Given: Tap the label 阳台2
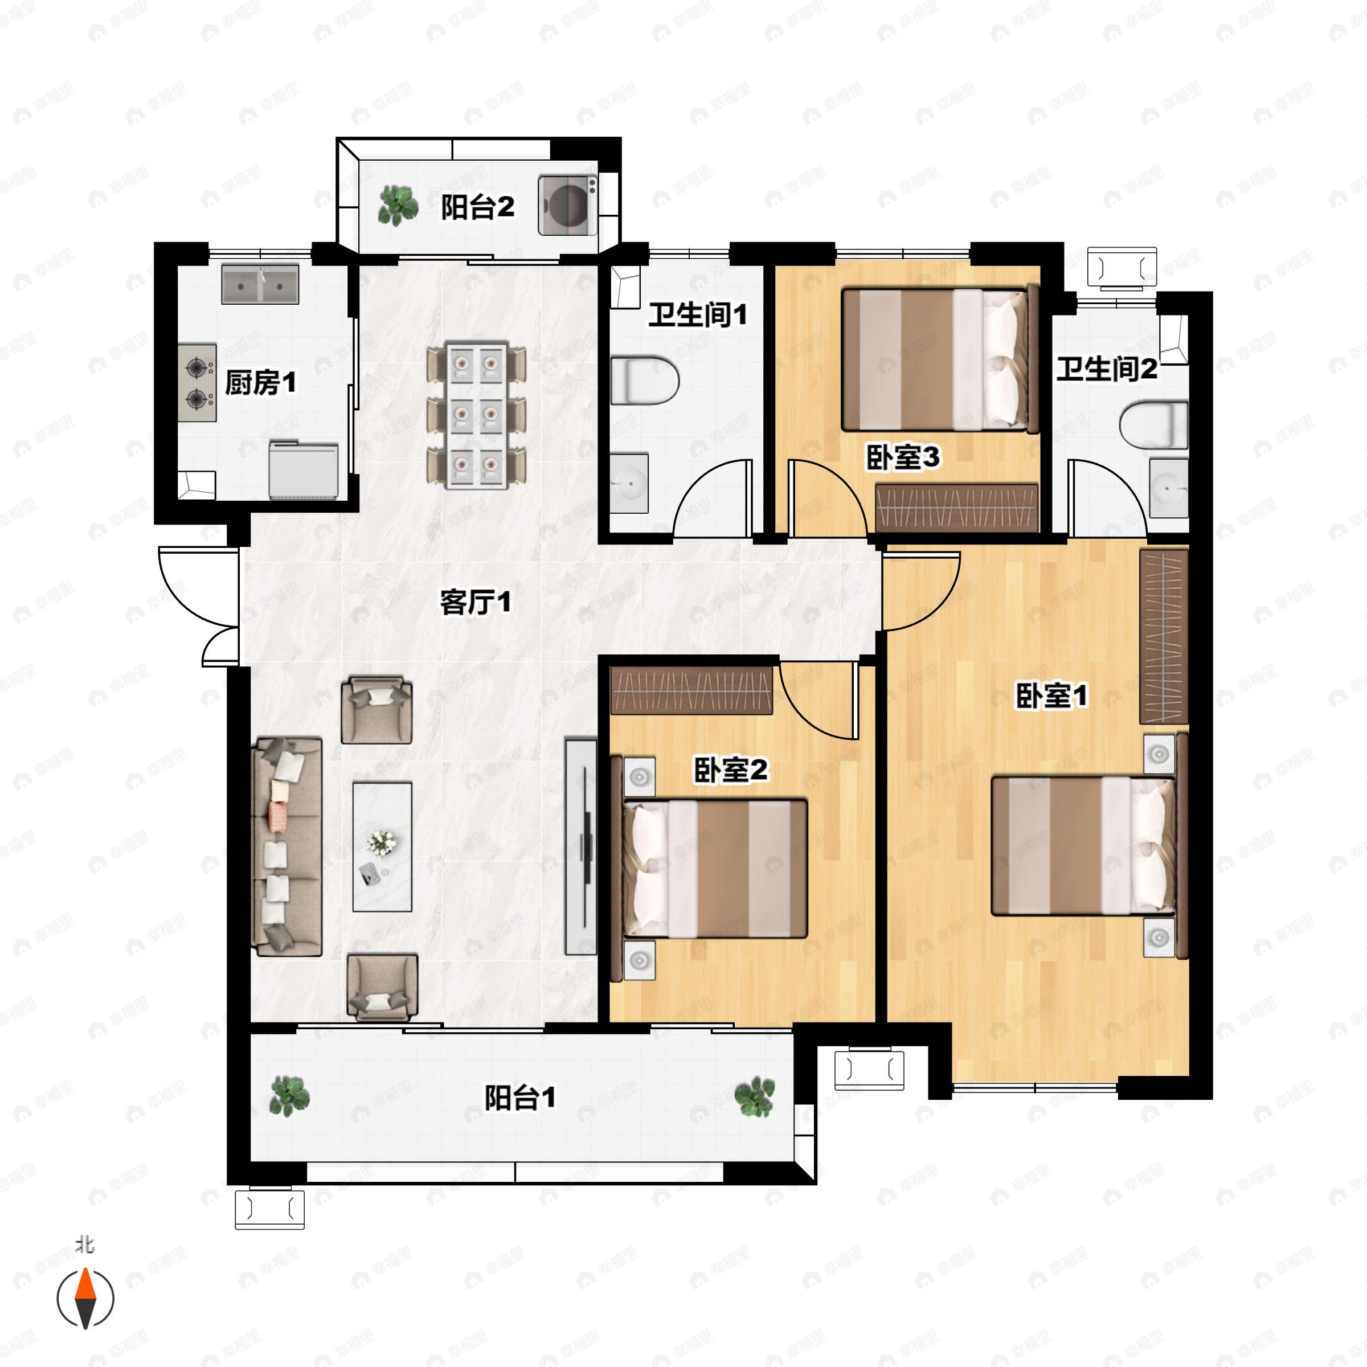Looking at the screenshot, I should pos(478,207).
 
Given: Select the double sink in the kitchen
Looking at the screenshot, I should pos(260,284).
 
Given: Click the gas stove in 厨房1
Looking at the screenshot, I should pos(197,383).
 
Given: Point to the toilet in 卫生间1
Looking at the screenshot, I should pos(643,380).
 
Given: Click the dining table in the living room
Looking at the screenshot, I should pos(476,415).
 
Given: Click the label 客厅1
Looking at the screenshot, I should pos(475,603).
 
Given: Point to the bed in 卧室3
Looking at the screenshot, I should pos(939,359).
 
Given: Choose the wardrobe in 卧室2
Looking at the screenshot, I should pos(691,690).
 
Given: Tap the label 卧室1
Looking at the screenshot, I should pos(1051,695).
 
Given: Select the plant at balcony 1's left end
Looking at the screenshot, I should pos(289,1096).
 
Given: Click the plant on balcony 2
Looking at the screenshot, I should pos(398,205).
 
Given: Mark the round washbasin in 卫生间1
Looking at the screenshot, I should pos(629,483).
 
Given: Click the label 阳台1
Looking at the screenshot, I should pos(520,1098).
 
